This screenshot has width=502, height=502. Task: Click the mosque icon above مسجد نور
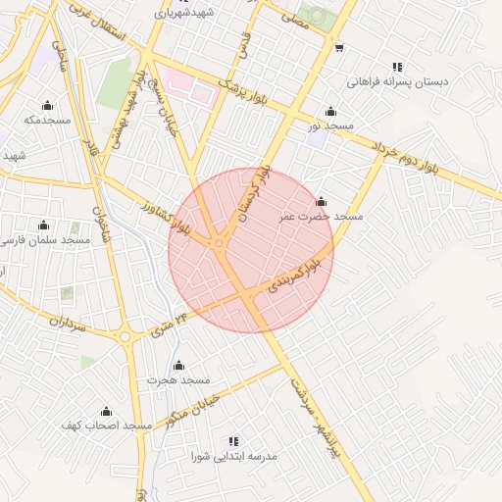(330, 111)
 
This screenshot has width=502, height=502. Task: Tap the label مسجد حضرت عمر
(321, 215)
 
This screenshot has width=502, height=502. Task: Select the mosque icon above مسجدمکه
(46, 105)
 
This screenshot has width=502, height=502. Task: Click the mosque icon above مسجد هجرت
(178, 366)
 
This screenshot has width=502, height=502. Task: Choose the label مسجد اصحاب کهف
(106, 426)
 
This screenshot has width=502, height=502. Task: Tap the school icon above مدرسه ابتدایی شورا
(233, 442)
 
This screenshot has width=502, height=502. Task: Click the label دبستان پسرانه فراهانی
(398, 82)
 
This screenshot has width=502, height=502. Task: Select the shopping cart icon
(338, 47)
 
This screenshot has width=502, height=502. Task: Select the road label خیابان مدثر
(185, 411)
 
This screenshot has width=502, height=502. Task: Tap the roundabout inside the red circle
(220, 243)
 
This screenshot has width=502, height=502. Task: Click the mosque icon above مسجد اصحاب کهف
(106, 411)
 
